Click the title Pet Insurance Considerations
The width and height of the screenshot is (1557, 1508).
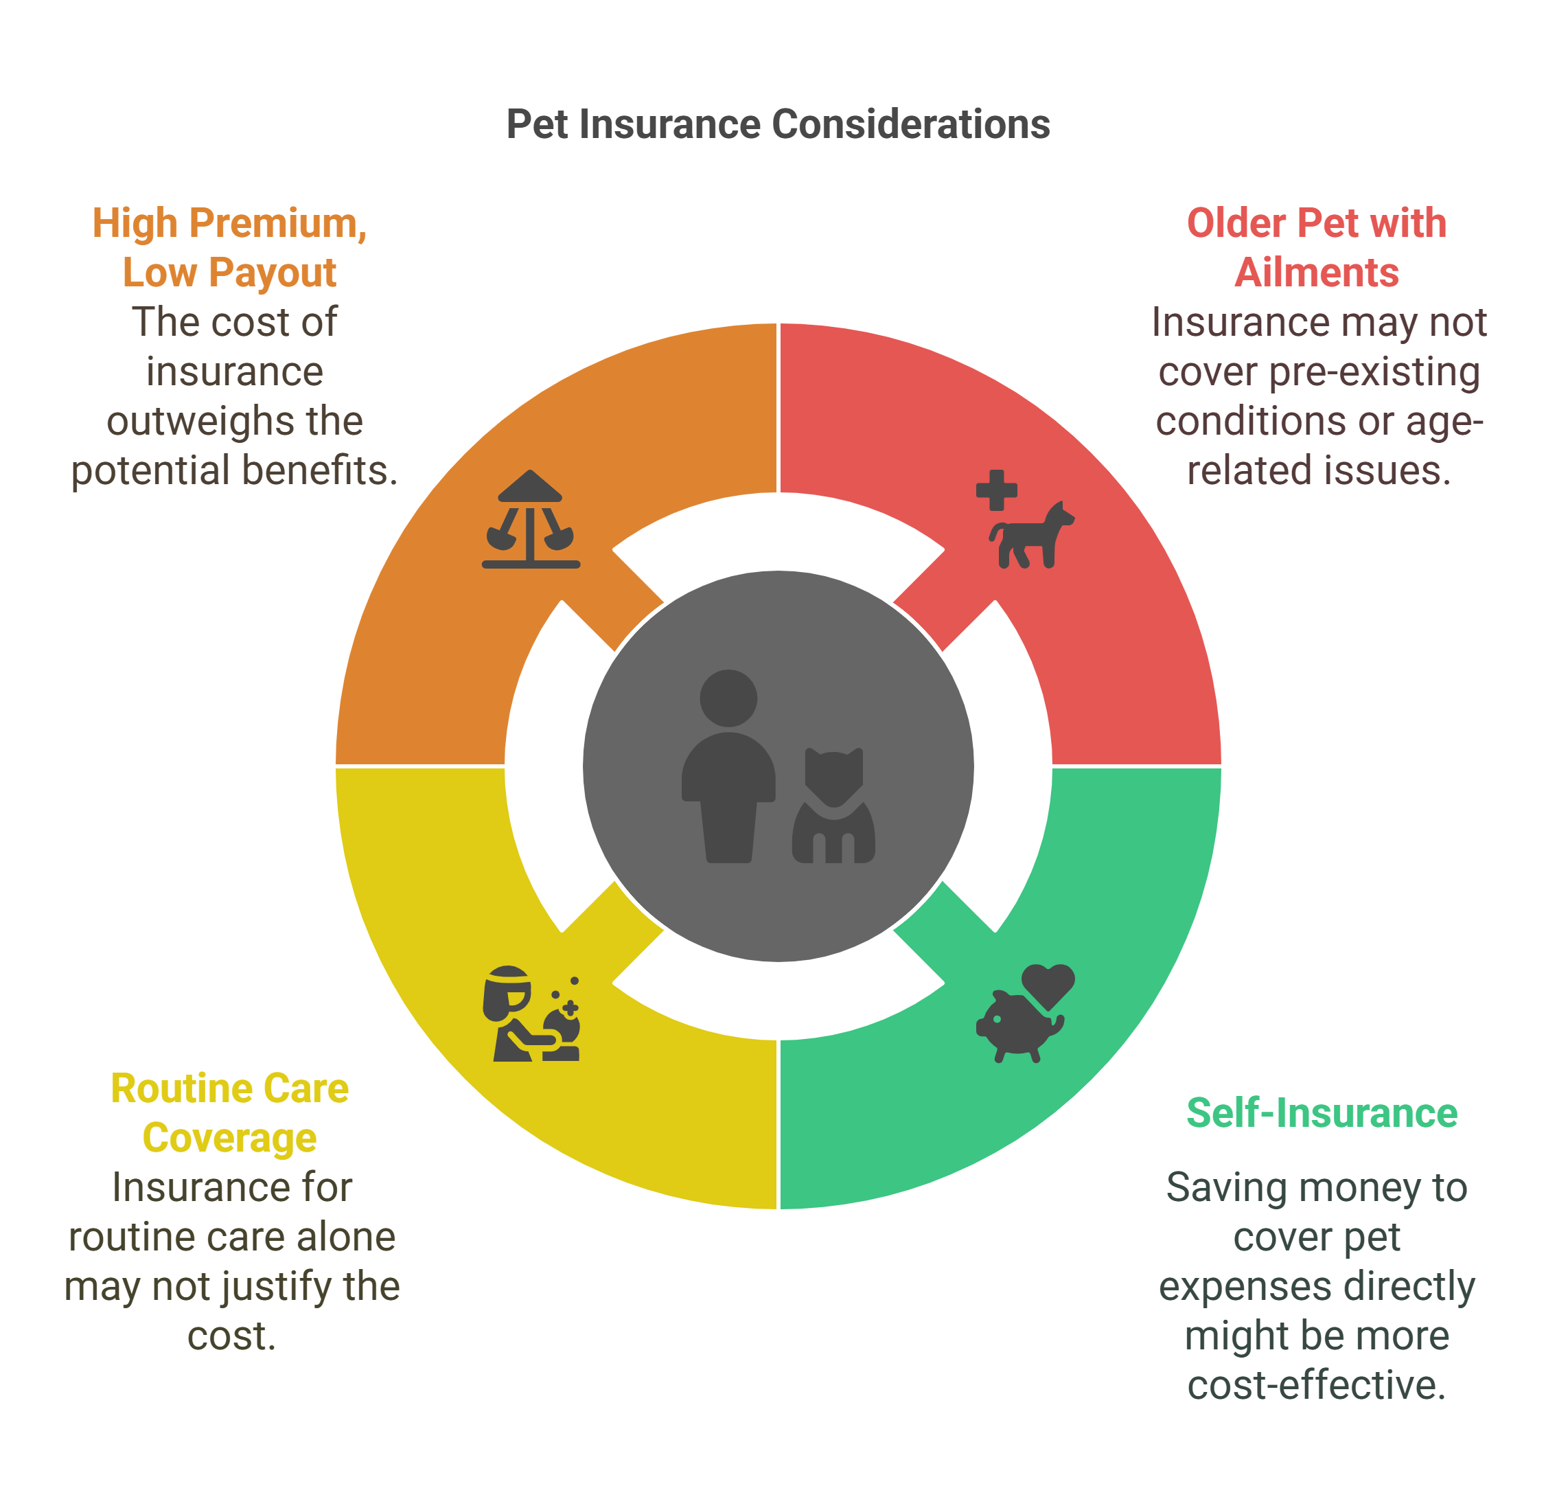coord(778,125)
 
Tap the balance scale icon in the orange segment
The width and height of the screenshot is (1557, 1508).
coord(531,520)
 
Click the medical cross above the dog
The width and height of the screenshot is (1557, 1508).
coord(996,490)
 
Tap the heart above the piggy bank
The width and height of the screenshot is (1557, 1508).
coord(1048,983)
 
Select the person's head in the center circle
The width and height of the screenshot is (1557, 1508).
coord(728,698)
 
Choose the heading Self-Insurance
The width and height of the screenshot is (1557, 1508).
coord(1321,1113)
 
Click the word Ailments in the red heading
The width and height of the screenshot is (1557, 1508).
coord(1316,273)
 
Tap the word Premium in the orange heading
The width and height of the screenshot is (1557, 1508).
coord(277,223)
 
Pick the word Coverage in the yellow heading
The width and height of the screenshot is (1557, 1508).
coord(229,1138)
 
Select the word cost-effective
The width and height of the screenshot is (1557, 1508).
coord(1316,1385)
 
